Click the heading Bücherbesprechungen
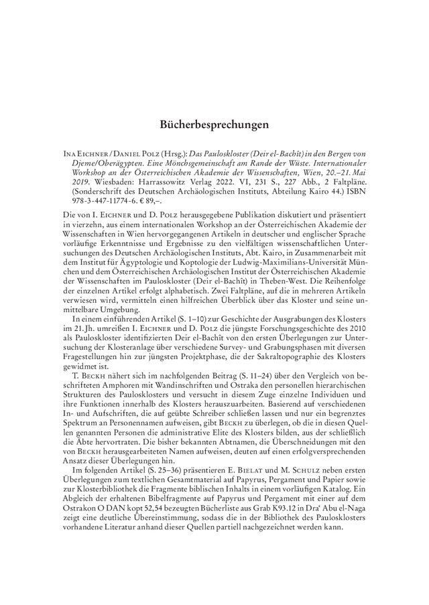point(214,125)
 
